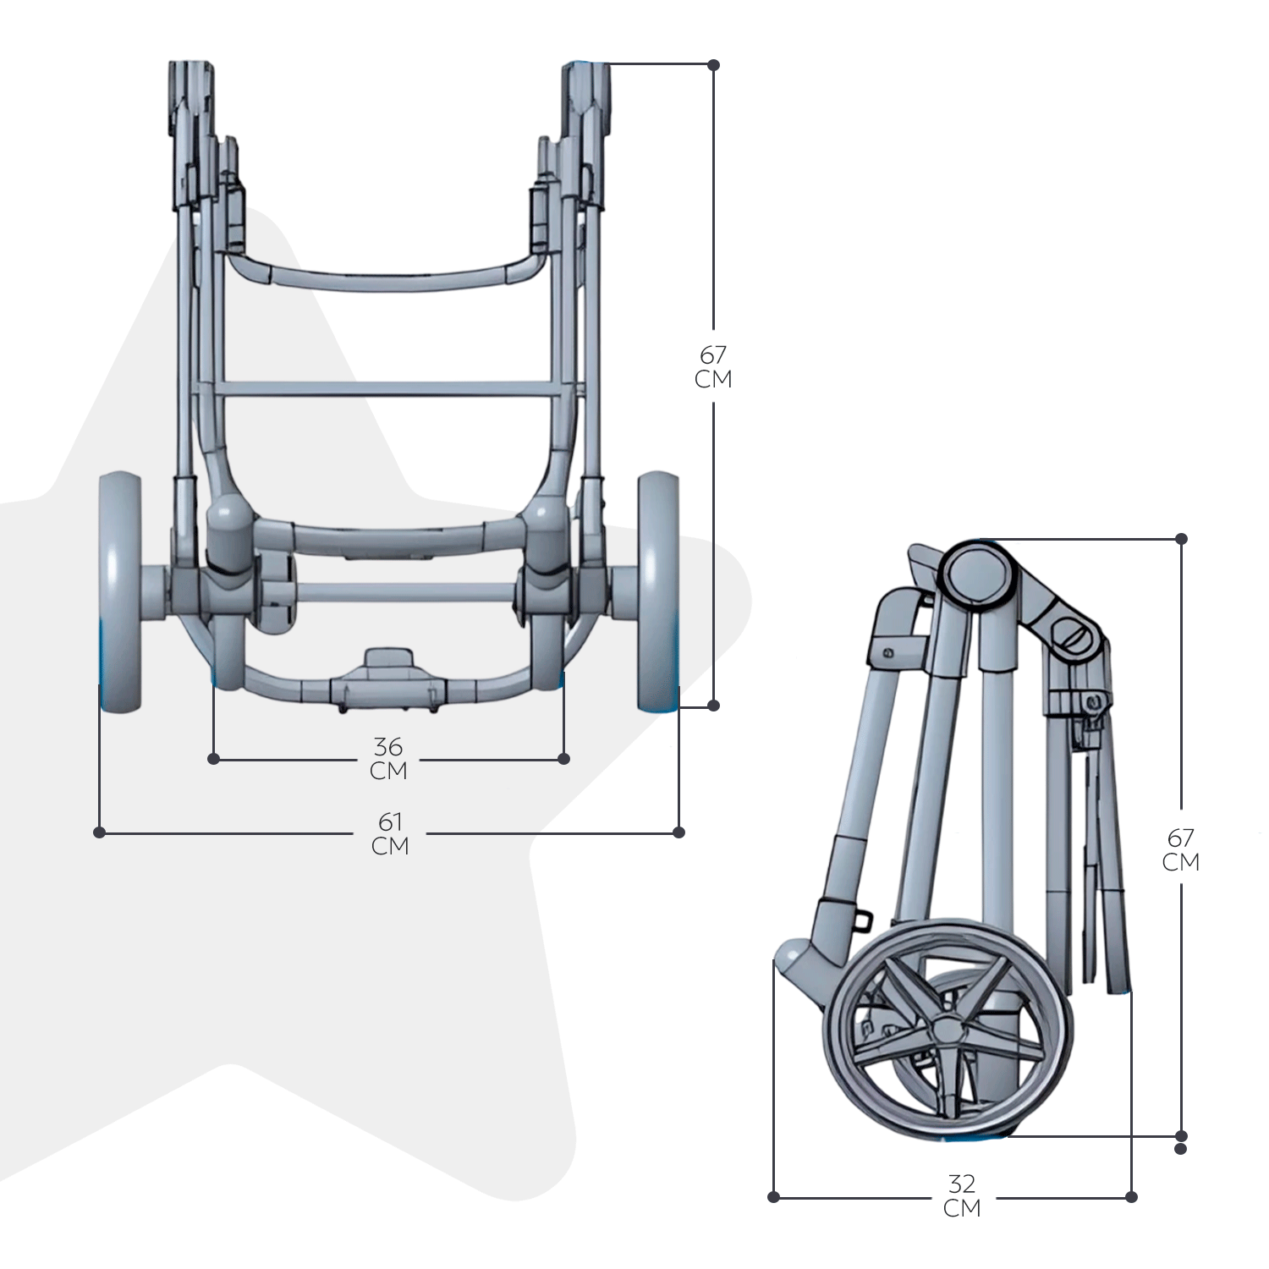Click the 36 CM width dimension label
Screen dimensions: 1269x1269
point(389,759)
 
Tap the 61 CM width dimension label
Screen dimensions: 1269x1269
point(390,833)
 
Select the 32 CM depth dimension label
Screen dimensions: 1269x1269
point(962,1195)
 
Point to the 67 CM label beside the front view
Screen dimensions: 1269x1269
point(713,366)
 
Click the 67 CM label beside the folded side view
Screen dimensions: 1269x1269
point(1181,849)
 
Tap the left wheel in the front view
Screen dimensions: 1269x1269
point(120,592)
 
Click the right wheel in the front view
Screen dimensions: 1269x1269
point(657,592)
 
